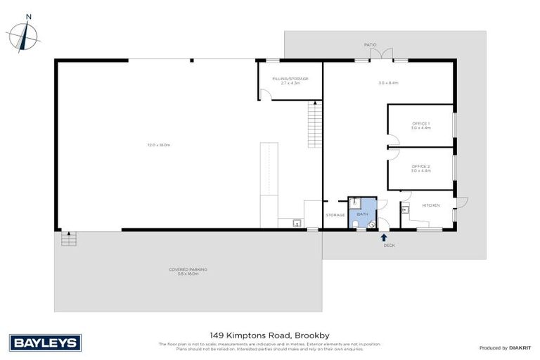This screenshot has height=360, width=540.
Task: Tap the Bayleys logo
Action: click(46, 343)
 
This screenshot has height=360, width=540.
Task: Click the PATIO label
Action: click(370, 45)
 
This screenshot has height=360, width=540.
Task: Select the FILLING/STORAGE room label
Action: click(290, 78)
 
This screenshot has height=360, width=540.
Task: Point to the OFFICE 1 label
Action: click(420, 123)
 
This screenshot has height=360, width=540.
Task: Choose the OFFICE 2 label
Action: click(420, 166)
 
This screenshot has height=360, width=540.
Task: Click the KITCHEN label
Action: click(430, 205)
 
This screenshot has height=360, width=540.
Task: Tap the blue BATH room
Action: click(363, 213)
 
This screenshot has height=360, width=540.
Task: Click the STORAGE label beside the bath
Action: click(335, 214)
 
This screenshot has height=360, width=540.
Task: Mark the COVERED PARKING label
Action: click(188, 269)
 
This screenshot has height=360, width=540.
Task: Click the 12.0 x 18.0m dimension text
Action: click(159, 145)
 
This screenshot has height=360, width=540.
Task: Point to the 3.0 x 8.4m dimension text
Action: click(388, 83)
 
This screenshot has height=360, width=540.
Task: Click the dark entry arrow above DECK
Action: click(384, 238)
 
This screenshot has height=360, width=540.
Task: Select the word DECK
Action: click(389, 245)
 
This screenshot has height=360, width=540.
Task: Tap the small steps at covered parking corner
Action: click(68, 239)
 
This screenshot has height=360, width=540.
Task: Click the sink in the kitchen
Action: click(405, 210)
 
